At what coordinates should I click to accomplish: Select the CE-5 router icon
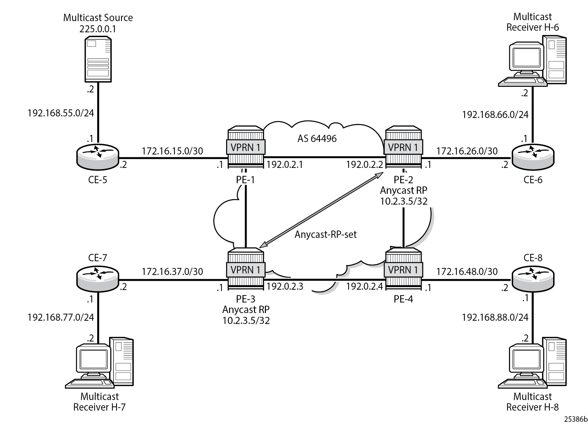coord(98,157)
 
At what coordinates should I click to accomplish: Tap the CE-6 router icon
coord(533,157)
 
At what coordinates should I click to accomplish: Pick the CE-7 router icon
coord(98,279)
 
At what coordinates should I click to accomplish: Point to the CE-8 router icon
coord(533,279)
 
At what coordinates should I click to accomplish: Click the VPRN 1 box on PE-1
coord(246,147)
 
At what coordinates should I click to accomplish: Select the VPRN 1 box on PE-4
coord(403,270)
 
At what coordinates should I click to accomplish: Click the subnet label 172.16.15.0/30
coord(172,151)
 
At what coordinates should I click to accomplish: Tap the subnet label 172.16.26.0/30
coord(467,151)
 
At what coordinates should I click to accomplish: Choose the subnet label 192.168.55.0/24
coord(61,113)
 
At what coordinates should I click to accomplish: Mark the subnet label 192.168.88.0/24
coord(495,317)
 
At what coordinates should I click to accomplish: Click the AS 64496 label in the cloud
coord(317,138)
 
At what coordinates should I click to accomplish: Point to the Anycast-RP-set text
coord(325,234)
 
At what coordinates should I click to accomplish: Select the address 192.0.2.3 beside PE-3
coord(285,287)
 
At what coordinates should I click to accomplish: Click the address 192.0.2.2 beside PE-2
coord(364,164)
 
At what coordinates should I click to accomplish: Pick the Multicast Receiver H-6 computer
coord(532,61)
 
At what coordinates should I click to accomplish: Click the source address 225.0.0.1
coord(98,29)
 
